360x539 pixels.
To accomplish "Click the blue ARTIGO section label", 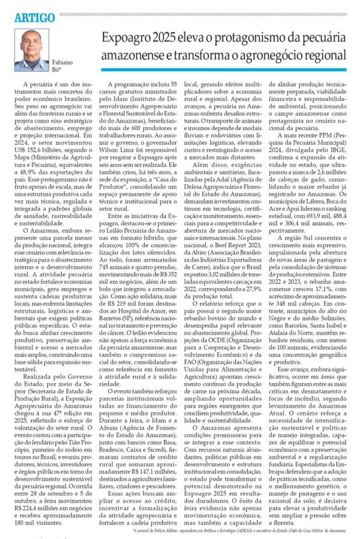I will [35, 18].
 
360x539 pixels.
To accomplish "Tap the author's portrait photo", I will [32, 50].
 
